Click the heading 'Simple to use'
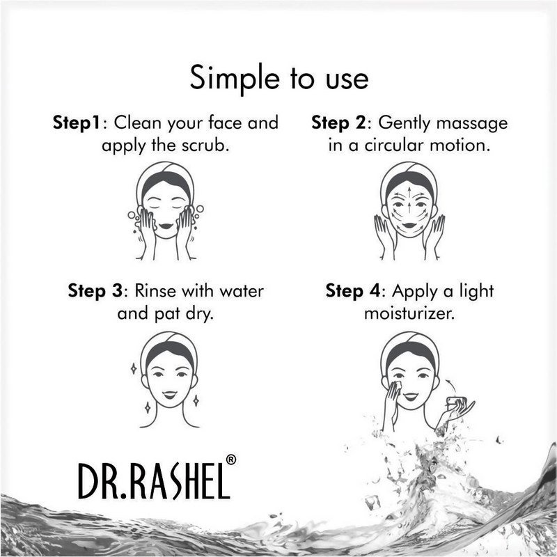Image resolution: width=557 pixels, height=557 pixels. (x=279, y=77)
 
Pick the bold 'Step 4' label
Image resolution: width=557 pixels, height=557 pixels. (x=352, y=290)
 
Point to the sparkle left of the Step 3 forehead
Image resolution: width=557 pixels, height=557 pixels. (x=134, y=368)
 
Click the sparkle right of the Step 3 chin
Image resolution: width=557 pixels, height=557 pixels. (x=196, y=400)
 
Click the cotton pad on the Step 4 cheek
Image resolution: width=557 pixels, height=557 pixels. (x=400, y=384)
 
